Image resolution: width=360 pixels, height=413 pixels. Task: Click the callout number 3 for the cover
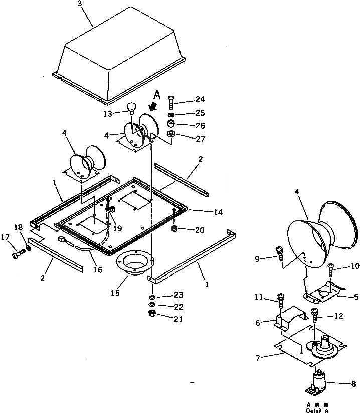[80, 4]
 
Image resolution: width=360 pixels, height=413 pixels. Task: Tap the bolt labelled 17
[17, 255]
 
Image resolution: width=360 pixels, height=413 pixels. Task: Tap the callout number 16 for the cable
[97, 270]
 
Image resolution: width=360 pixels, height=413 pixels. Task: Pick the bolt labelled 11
[281, 302]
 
